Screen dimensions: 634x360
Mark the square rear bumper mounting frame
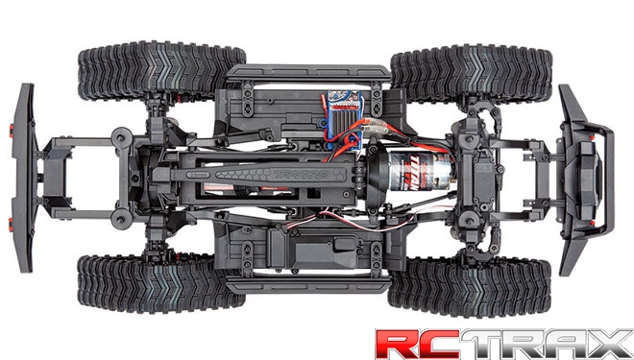pos(61,174)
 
